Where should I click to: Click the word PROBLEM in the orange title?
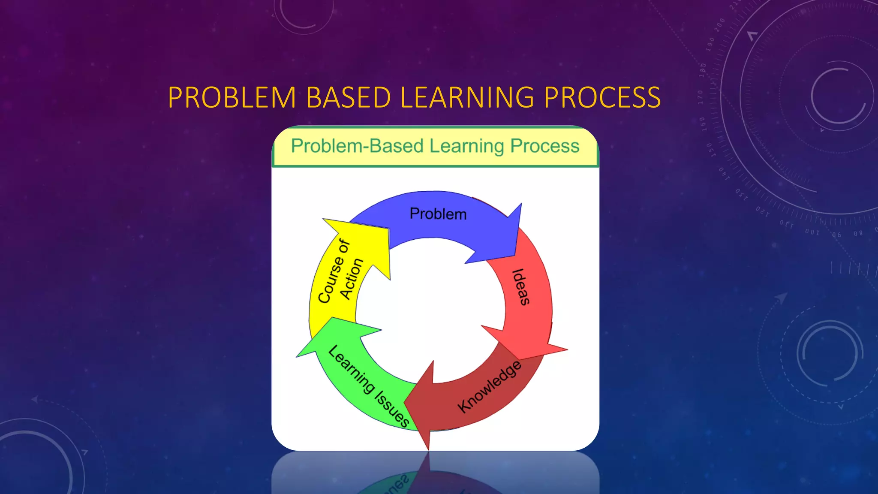(232, 98)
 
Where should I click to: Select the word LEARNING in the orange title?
(467, 98)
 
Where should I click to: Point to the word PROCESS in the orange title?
(602, 98)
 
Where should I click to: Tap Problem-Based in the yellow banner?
(357, 146)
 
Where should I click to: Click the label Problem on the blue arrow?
(438, 214)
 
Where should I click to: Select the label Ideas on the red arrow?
(521, 287)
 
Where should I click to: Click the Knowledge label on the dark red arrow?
(489, 387)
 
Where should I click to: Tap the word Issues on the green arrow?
(392, 410)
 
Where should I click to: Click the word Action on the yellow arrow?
(352, 279)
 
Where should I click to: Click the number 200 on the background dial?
(719, 24)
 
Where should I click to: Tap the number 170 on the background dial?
(700, 97)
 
